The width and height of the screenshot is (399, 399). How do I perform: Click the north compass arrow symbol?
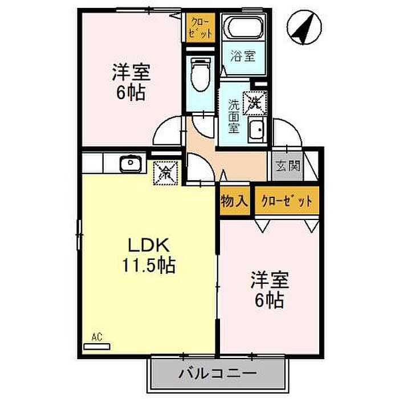tap(304, 27)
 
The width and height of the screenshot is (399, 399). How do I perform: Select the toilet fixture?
tap(201, 74)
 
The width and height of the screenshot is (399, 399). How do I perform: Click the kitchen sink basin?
tap(131, 164)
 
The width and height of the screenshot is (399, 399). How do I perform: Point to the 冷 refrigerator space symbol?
tap(165, 173)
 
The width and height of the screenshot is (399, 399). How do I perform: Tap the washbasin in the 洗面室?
tap(257, 130)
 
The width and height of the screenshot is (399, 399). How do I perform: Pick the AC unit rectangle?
tap(97, 347)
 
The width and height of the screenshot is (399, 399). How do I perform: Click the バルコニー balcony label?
tap(218, 373)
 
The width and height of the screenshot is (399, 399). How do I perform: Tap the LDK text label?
tap(149, 245)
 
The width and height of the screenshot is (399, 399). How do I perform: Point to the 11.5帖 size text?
tap(149, 265)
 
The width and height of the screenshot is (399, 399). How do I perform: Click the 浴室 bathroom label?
tap(243, 56)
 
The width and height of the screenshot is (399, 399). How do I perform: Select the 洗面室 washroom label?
tap(234, 116)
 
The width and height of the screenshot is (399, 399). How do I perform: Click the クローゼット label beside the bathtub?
tap(201, 28)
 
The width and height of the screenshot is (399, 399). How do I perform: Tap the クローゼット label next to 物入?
tap(287, 201)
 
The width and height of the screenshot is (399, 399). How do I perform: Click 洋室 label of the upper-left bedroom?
tap(131, 72)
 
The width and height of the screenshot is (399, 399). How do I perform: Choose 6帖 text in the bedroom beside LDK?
tap(270, 300)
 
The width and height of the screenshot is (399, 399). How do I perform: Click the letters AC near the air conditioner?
tap(97, 337)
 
